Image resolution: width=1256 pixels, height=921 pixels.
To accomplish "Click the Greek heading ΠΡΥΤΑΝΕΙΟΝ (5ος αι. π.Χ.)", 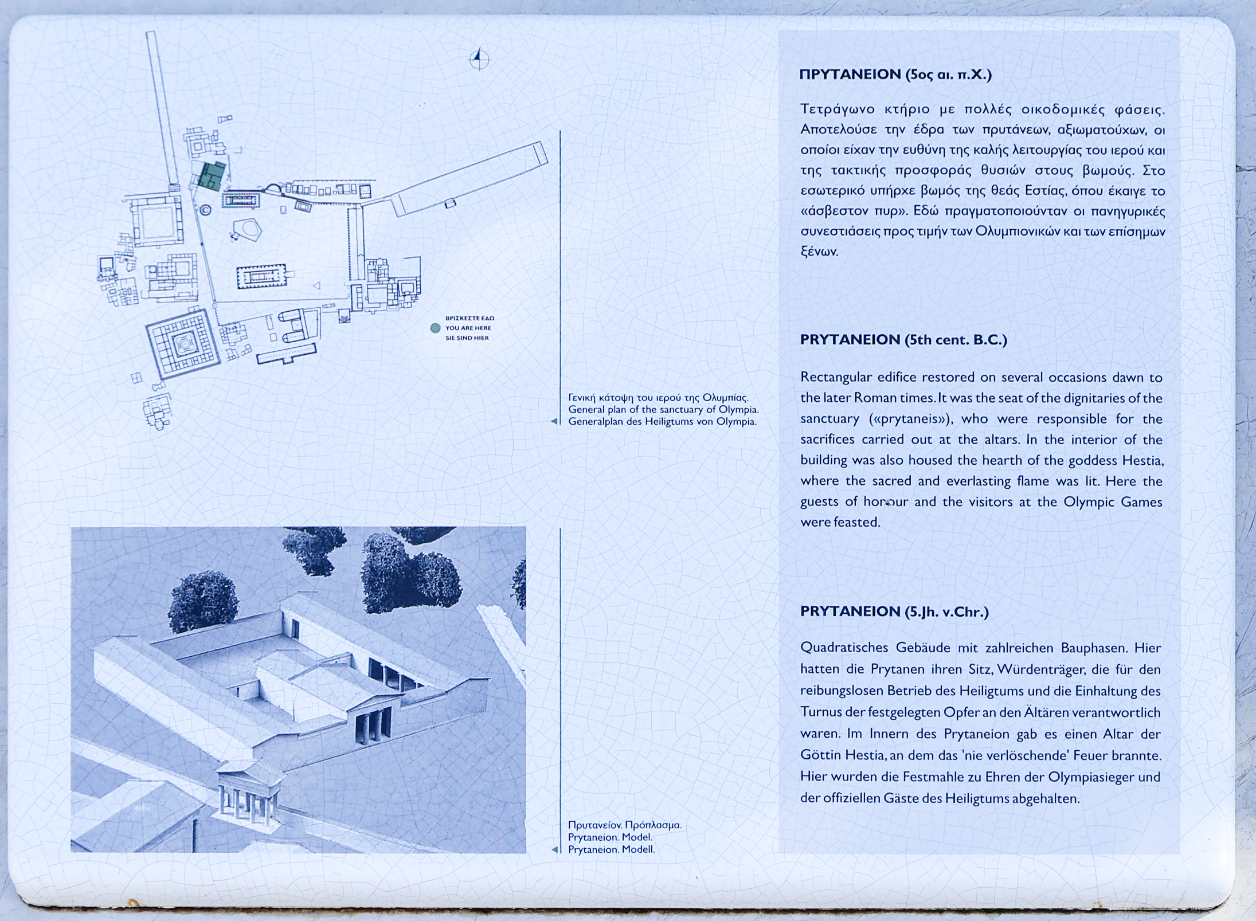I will [895, 75].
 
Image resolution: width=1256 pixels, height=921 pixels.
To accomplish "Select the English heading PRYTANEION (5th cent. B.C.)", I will [903, 340].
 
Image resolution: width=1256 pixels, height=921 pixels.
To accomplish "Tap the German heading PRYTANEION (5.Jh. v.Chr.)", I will [894, 612].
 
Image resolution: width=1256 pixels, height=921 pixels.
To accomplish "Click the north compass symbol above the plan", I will [479, 58].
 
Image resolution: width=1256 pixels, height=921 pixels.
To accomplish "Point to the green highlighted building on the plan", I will [212, 175].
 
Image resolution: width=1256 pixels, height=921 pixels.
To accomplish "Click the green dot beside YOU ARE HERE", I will [435, 328].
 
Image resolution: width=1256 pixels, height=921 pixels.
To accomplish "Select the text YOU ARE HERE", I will [468, 328].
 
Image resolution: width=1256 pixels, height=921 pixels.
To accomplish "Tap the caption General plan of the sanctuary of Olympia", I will [663, 410].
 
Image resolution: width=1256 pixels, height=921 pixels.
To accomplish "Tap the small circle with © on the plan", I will [205, 210].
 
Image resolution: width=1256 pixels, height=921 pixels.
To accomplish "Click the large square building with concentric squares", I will [183, 343].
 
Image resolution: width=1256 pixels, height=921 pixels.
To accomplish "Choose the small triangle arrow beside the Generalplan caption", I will [554, 421].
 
